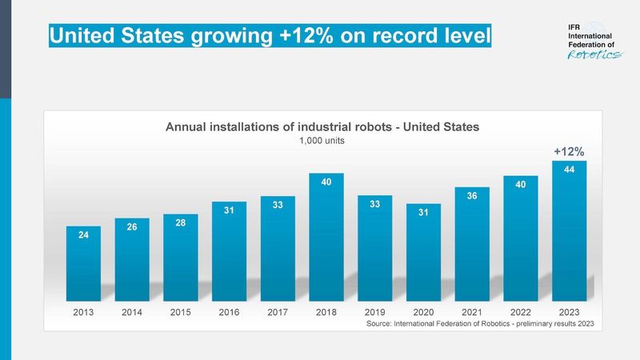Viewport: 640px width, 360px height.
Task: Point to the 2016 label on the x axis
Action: (x=229, y=313)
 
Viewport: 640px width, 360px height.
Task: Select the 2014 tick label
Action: (x=132, y=313)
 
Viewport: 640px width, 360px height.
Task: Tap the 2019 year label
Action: (x=374, y=313)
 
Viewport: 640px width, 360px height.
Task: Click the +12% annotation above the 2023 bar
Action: (x=569, y=150)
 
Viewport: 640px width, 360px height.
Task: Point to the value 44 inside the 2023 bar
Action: (x=569, y=170)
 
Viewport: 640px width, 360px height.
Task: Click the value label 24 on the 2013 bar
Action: (x=83, y=235)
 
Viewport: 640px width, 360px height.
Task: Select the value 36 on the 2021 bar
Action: (x=471, y=194)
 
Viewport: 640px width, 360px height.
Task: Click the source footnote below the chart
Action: (x=479, y=325)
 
